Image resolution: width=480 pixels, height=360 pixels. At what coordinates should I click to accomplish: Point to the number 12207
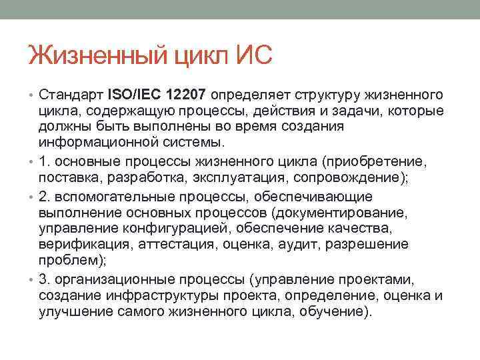pos(187,95)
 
